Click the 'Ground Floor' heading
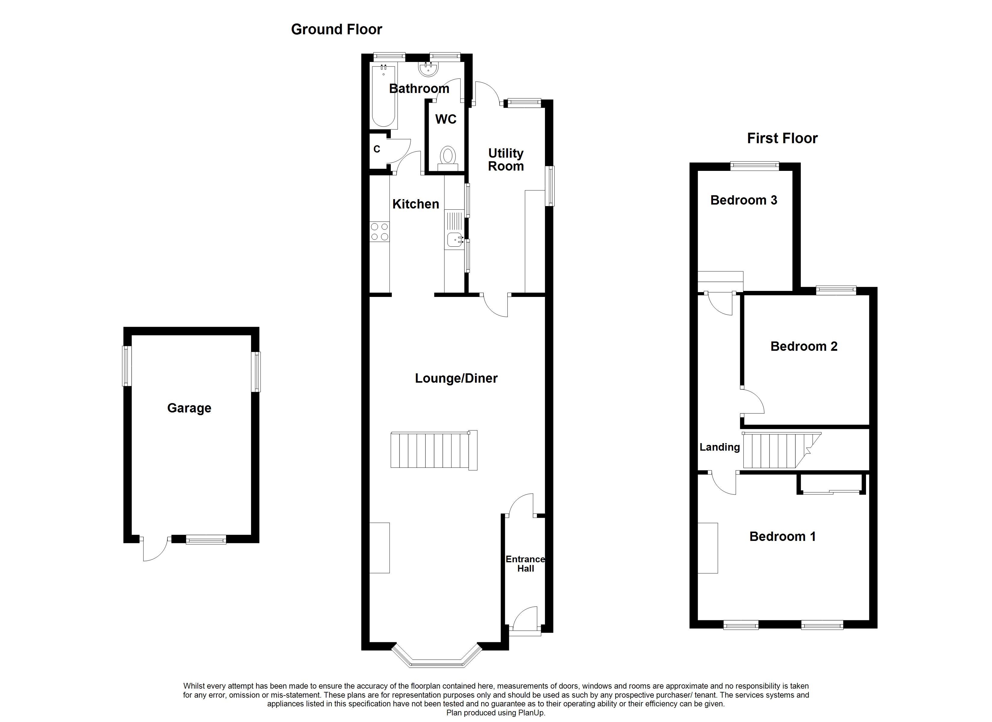click(336, 29)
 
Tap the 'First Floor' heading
click(782, 138)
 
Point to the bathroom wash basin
click(427, 69)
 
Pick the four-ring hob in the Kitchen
click(379, 232)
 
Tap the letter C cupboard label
click(377, 149)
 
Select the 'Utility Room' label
click(506, 159)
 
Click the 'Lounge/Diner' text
click(456, 378)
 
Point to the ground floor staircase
click(433, 451)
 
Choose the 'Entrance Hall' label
click(525, 564)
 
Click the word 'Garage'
click(189, 408)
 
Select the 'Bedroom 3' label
click(744, 200)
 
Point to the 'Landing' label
click(720, 447)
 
